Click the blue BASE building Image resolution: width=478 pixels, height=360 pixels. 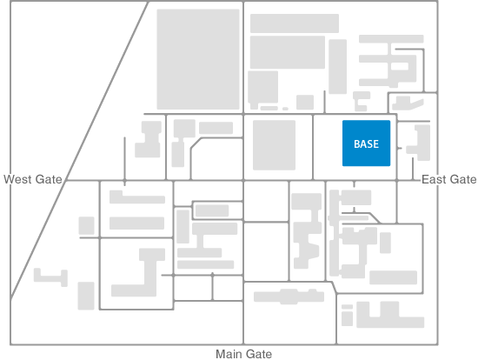[x=366, y=143]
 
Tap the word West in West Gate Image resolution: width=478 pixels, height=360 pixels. [x=17, y=179]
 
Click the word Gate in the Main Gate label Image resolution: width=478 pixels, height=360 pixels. [x=258, y=354]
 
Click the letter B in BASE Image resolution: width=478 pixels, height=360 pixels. [x=357, y=144]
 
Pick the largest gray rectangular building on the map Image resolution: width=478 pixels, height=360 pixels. [x=198, y=59]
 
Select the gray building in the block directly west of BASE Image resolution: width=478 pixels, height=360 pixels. [x=274, y=145]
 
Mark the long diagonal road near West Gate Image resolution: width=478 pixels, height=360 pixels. [x=79, y=150]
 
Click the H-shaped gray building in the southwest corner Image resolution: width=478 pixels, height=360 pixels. [x=50, y=277]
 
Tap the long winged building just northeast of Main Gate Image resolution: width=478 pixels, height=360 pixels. [x=289, y=297]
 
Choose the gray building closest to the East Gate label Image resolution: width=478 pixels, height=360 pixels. [x=419, y=143]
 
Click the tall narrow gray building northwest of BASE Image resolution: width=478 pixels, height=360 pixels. [x=337, y=66]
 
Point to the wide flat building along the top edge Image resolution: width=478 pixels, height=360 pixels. [x=295, y=23]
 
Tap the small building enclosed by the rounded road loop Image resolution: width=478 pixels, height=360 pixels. [x=212, y=210]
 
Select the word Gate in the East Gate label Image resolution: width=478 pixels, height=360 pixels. [x=463, y=179]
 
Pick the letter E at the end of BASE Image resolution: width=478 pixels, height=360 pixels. [x=375, y=144]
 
